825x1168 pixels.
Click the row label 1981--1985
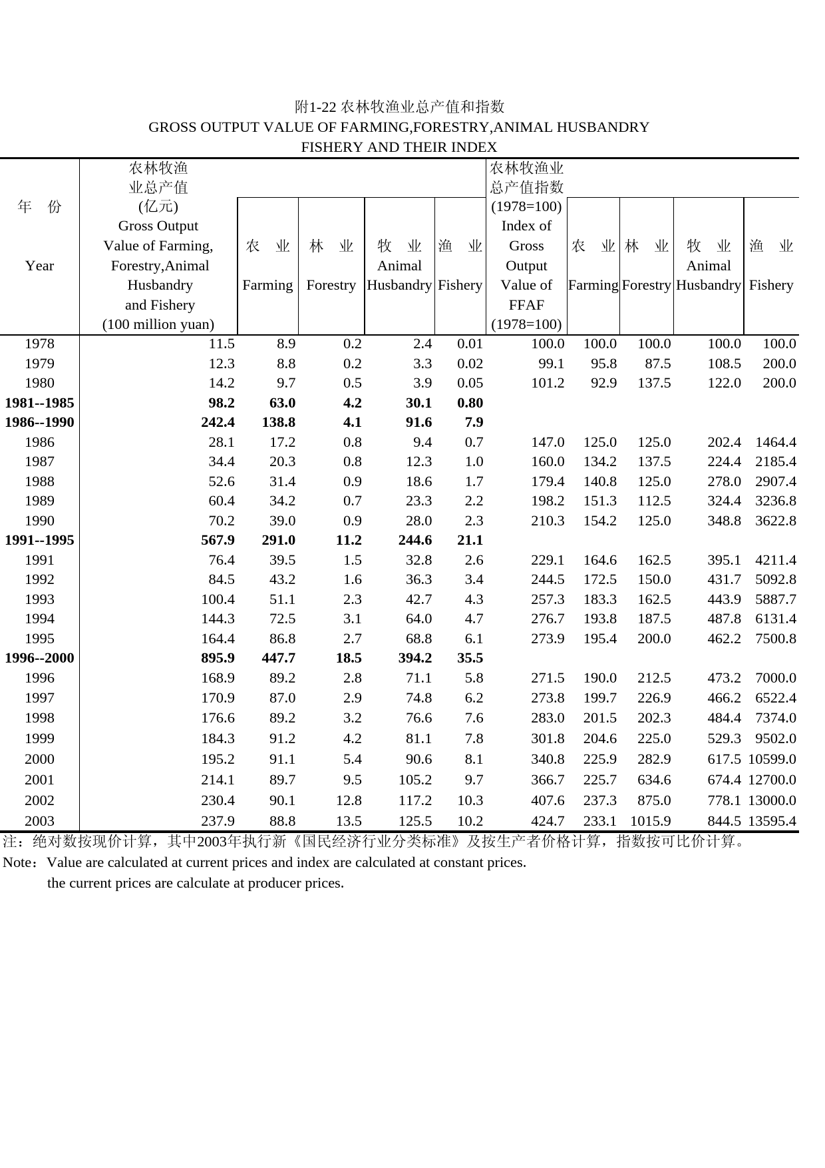(39, 403)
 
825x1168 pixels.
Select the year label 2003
(39, 821)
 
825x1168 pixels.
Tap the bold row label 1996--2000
(39, 659)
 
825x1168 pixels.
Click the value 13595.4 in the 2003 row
(772, 821)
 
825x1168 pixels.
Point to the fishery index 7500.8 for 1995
(776, 639)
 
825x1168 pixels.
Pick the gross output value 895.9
(218, 659)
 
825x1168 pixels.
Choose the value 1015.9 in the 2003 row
(650, 821)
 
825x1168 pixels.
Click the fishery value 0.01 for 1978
(470, 344)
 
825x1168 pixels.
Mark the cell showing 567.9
(218, 540)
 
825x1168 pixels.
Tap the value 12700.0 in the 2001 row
(772, 780)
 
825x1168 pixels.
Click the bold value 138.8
(278, 422)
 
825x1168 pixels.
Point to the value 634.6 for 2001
(653, 780)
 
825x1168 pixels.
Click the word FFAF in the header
(526, 305)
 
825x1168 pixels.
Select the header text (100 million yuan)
(158, 324)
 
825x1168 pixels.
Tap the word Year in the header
(39, 266)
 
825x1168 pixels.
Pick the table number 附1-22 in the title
(316, 107)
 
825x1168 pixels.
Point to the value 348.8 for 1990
(724, 521)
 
